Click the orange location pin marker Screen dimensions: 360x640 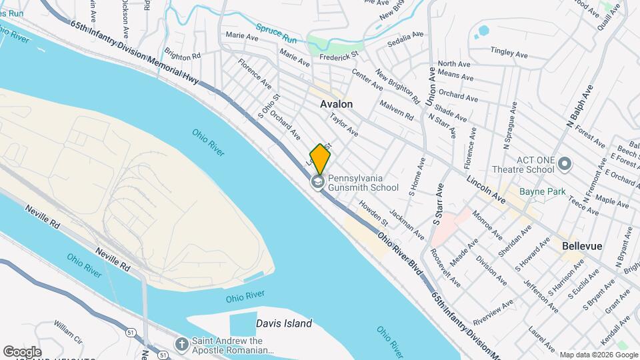[320, 159]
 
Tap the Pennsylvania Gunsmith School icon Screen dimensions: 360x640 [317, 181]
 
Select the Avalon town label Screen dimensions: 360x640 [336, 104]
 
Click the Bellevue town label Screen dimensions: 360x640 [582, 246]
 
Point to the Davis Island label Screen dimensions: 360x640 [284, 323]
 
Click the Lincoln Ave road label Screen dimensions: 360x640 [486, 190]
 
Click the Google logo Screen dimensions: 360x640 [22, 351]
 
